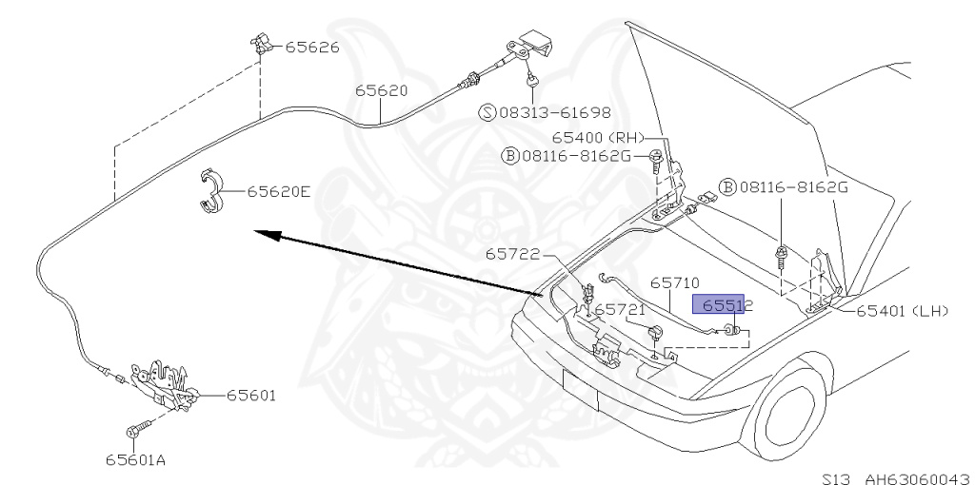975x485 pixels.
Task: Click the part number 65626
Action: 312,47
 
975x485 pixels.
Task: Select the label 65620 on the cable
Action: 382,91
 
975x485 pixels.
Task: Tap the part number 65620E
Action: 279,191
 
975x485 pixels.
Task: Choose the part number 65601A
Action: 135,460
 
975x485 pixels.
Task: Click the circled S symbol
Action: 487,112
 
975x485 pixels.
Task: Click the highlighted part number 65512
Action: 727,305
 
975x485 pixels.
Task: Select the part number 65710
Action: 675,283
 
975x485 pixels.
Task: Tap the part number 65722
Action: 512,254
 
